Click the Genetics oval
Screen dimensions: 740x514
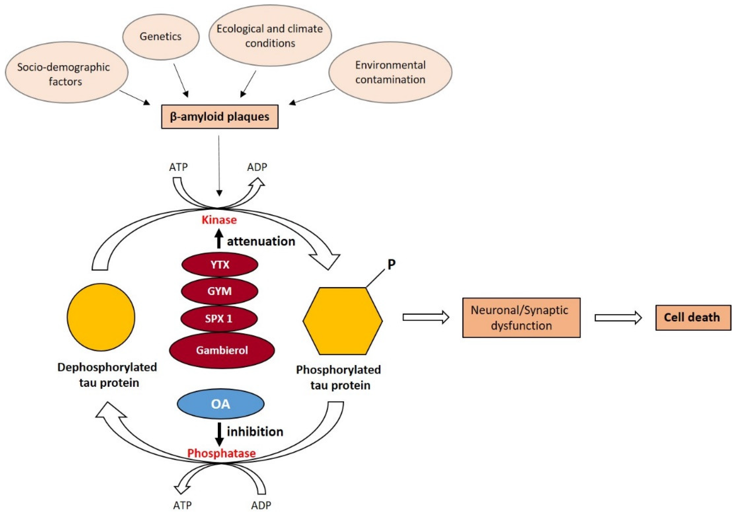(161, 37)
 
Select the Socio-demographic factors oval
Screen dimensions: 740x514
(67, 72)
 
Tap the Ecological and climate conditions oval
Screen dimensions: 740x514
(270, 35)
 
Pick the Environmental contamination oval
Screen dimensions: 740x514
(390, 72)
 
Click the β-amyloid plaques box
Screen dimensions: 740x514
(220, 117)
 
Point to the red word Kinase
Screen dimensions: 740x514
(219, 220)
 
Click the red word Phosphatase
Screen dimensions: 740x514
(221, 453)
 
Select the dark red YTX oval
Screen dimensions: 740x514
(220, 264)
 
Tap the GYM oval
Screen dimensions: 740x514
(220, 291)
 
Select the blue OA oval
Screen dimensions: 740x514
(221, 404)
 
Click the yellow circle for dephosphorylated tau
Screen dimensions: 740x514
(101, 317)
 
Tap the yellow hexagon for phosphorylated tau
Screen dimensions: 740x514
(343, 321)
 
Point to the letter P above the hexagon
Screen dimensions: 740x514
(391, 264)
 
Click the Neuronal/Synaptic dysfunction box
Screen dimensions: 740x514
(521, 318)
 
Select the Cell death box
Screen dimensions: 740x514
(693, 317)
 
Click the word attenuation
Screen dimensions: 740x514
(261, 241)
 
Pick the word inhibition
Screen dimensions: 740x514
(255, 432)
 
